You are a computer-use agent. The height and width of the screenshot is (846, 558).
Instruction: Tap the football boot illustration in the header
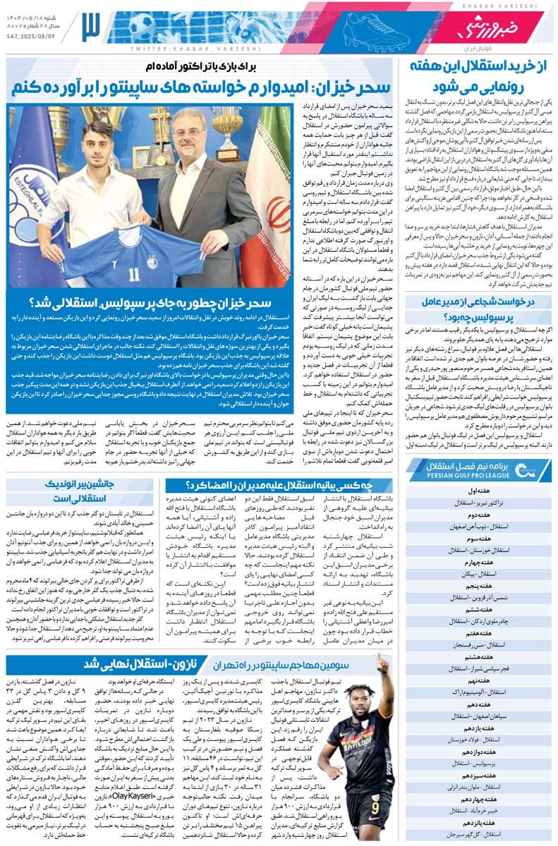click(367, 28)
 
